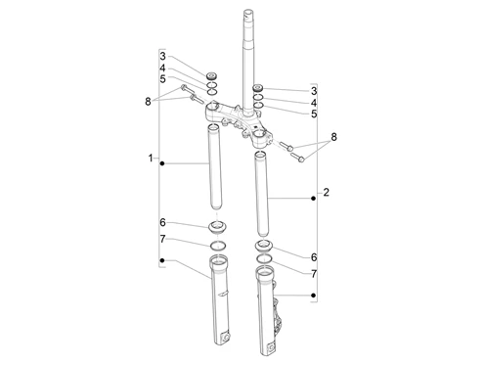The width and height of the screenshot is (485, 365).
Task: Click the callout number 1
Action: pos(152,159)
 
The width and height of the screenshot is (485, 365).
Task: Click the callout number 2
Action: pos(326,192)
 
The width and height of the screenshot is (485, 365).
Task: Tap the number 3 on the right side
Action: pos(313,89)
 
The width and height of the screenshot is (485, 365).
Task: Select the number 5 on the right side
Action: pos(313,114)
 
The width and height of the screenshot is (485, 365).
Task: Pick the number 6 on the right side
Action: pos(313,255)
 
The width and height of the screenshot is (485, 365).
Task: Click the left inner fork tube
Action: pos(214,171)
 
